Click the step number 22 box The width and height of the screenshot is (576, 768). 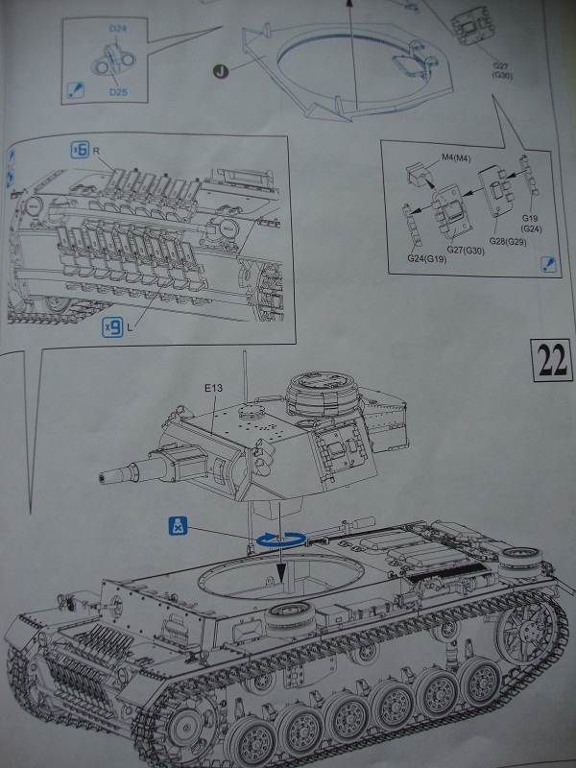coord(551,360)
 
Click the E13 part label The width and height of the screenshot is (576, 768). coord(213,388)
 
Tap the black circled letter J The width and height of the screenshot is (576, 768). coord(221,71)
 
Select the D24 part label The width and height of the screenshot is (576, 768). coord(117,29)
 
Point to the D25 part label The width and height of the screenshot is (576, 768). coord(118,91)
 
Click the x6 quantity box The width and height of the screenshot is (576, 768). coord(81,150)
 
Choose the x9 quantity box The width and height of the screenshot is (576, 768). coord(112,327)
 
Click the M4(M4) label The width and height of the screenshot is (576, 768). coord(456,157)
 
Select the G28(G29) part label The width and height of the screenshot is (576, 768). coord(508,242)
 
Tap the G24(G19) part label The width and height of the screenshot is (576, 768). coord(426,258)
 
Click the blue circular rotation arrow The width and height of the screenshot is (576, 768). coord(280,540)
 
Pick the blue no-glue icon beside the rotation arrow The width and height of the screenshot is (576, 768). coord(178,526)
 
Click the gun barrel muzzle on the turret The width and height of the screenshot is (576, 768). coord(104,475)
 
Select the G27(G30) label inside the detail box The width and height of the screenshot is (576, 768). coord(466,251)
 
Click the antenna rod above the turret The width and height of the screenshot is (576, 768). coord(245,376)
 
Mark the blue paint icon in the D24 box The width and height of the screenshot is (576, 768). coord(75,90)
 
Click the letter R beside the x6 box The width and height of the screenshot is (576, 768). coord(96,151)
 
